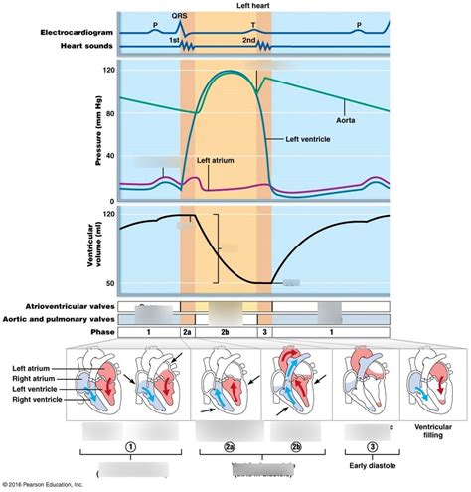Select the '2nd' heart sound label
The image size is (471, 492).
click(x=250, y=39)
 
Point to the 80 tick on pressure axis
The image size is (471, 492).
click(x=108, y=113)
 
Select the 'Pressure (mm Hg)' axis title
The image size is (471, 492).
click(x=99, y=132)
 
